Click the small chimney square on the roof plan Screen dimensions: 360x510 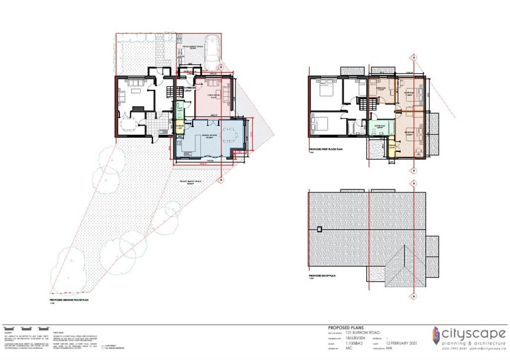pos(320,229)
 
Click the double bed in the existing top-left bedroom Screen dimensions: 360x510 pos(325,90)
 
